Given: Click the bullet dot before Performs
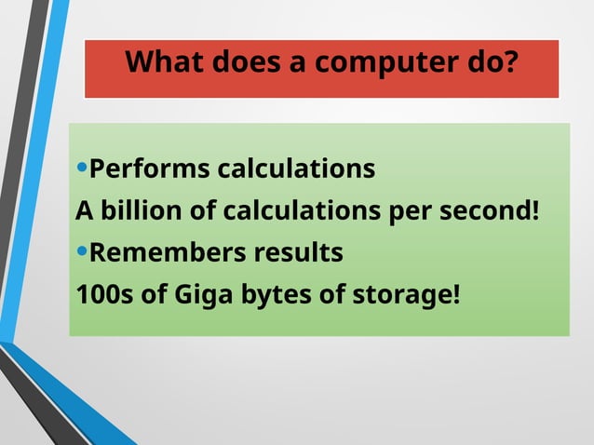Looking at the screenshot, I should tap(82, 169).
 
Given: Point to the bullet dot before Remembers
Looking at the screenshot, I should tap(82, 251).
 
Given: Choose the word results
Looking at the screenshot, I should tap(297, 253).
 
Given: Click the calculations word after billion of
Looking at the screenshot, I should tap(301, 211).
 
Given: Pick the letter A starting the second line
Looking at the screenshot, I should tap(84, 211).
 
